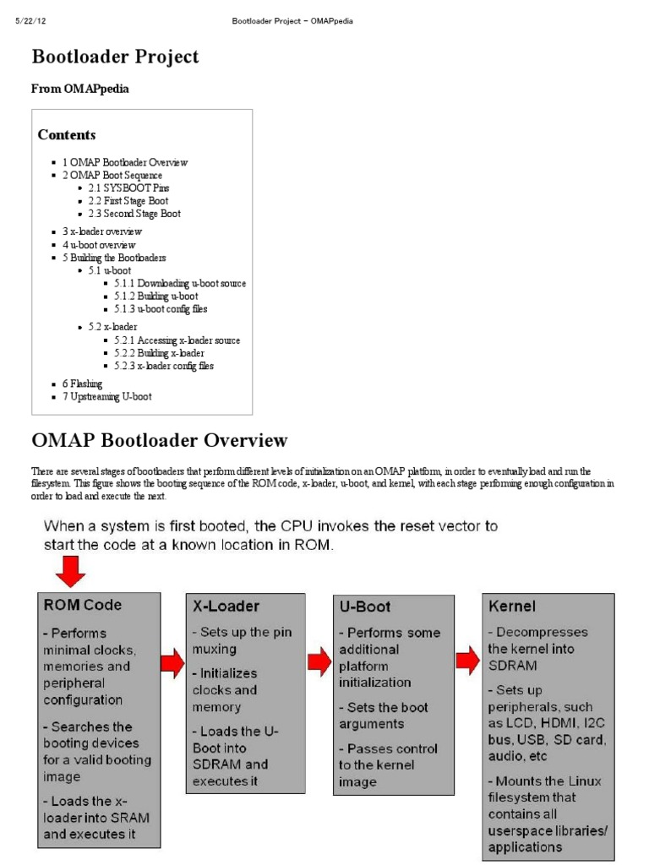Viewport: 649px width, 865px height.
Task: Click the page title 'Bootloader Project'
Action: pos(115,57)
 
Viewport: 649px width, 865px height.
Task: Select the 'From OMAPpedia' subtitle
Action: pos(80,89)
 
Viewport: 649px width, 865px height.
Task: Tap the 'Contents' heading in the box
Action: pos(67,135)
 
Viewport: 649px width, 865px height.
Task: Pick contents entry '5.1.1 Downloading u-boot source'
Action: pos(179,283)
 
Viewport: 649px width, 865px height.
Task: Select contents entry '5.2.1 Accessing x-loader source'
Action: pos(177,340)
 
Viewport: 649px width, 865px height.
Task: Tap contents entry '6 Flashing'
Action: pos(82,384)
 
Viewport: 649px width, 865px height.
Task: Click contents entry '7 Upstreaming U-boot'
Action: pos(106,396)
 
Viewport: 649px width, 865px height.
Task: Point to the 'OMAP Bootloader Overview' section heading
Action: pos(160,440)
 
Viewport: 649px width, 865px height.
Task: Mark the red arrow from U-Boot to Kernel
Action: pos(467,659)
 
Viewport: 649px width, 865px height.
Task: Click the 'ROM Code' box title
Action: pos(82,605)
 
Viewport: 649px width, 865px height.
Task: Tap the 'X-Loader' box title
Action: pos(226,607)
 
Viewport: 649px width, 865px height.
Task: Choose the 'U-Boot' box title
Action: pos(366,607)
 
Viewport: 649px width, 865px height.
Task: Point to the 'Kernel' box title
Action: pos(512,607)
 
